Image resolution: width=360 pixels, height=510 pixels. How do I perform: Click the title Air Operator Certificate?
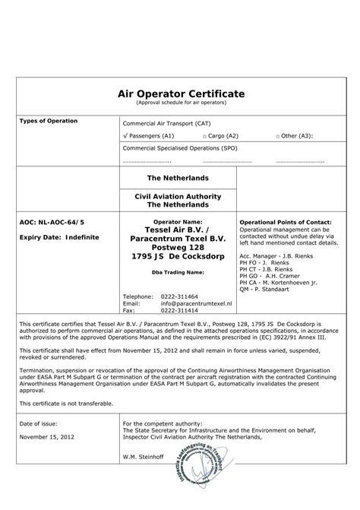pos(180,93)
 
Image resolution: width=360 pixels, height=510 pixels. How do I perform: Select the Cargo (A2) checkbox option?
pos(221,135)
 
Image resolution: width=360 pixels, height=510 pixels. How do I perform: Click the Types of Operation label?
pos(48,122)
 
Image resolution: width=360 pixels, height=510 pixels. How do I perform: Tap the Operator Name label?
pos(179,222)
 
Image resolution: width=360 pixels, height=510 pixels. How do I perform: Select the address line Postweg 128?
pos(179,246)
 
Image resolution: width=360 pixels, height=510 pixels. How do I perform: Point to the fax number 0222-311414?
pos(176,310)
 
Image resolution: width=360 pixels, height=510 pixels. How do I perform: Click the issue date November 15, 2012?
pos(47,436)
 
